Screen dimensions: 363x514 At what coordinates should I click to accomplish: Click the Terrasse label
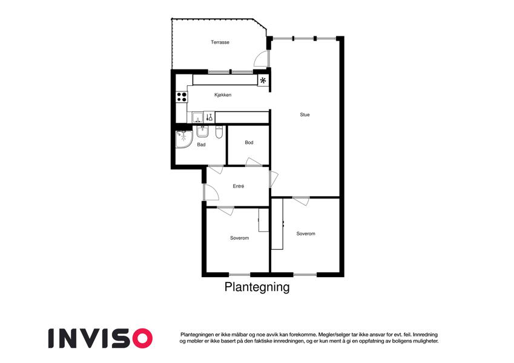click(x=220, y=42)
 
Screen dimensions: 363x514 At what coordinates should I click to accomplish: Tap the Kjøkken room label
click(x=223, y=95)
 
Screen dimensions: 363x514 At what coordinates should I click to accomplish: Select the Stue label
click(x=305, y=114)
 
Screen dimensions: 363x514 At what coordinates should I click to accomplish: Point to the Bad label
click(x=201, y=145)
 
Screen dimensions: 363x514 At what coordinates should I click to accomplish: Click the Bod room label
click(x=249, y=143)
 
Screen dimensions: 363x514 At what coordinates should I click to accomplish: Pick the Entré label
click(x=239, y=186)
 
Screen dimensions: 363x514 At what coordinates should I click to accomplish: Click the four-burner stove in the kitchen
click(x=181, y=96)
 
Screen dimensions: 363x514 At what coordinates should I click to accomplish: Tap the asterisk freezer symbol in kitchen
click(x=263, y=80)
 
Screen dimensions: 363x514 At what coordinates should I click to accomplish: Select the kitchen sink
click(x=197, y=117)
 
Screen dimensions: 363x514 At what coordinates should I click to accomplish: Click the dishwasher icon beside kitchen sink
click(x=209, y=117)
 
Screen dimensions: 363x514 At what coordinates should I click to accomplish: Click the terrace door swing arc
click(x=260, y=58)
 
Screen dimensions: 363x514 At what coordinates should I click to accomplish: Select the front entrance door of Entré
click(x=210, y=192)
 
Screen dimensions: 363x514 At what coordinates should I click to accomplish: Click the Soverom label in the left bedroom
click(x=239, y=238)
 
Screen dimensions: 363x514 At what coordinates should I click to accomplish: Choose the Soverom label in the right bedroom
click(x=306, y=234)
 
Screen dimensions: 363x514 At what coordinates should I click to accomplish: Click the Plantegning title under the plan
click(x=257, y=287)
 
